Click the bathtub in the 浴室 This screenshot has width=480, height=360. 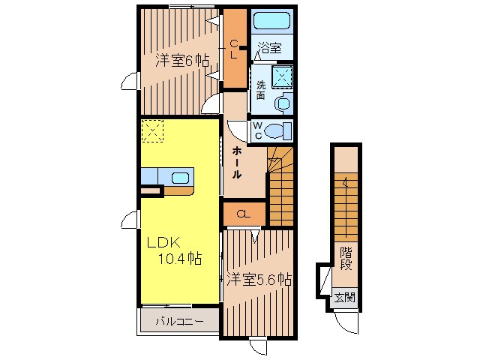(271, 21)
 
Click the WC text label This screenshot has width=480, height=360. (257, 130)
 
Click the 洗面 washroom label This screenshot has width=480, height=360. (260, 90)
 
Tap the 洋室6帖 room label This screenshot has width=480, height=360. (181, 61)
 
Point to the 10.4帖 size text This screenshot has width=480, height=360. (179, 259)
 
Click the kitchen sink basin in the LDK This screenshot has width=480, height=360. (181, 178)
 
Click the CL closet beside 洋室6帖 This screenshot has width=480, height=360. (234, 46)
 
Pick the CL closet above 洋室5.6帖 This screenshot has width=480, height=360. (243, 214)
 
